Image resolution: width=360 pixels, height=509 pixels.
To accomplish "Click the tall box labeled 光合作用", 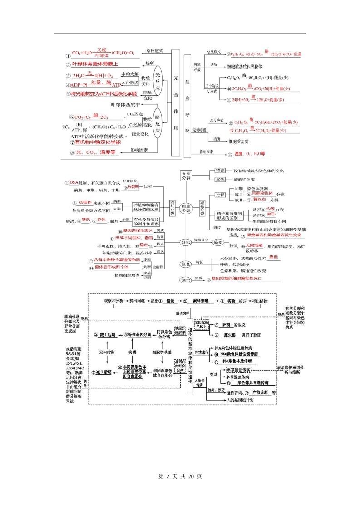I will coord(177,103).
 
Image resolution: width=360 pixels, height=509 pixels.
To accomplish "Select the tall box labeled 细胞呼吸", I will coord(187,106).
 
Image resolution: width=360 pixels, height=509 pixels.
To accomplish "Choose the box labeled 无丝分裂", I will coord(187,175).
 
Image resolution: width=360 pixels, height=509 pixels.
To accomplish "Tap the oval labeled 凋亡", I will coord(185,279).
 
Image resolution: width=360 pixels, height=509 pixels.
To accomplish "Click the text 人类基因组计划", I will coord(241,400).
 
